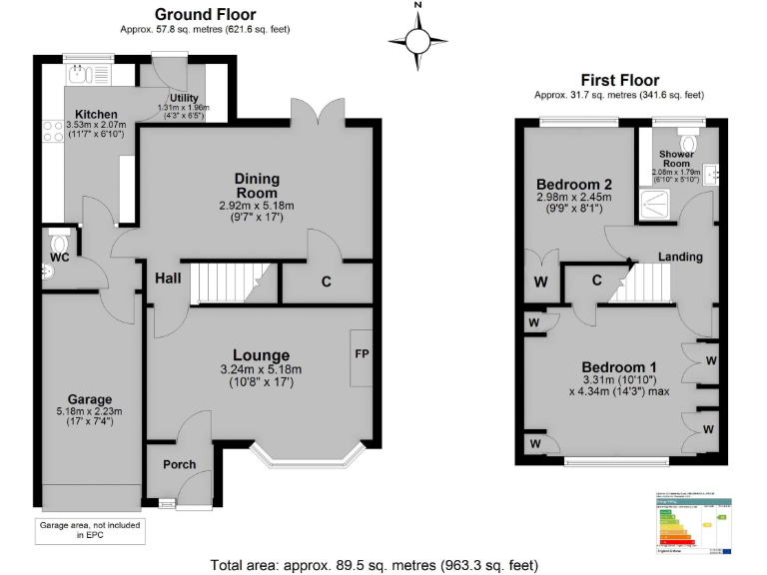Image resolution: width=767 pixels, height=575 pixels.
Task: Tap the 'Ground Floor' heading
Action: [x=205, y=14]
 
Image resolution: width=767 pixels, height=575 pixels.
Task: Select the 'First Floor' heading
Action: [x=618, y=80]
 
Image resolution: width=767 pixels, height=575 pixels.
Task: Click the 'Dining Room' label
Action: [x=257, y=187]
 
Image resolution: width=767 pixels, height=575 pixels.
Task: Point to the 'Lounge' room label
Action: [x=261, y=355]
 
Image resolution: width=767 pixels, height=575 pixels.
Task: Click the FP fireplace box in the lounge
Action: [x=360, y=356]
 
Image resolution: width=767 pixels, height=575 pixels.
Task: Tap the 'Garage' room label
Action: [x=89, y=399]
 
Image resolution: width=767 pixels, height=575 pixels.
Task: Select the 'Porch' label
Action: [x=179, y=464]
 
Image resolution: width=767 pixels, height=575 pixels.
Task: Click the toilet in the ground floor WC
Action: [x=59, y=243]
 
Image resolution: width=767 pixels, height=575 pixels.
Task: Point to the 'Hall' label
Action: [x=168, y=279]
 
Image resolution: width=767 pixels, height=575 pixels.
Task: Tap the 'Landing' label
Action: [x=680, y=257]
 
